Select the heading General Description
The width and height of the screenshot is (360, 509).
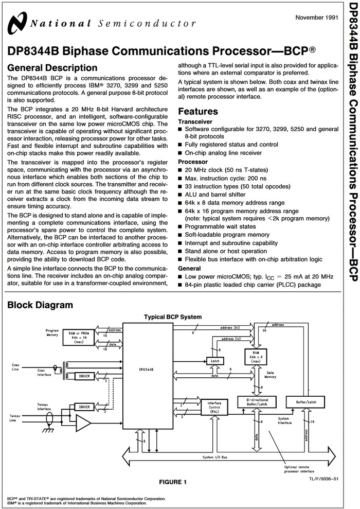(x=52, y=67)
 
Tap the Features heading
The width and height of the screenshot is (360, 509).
(x=205, y=111)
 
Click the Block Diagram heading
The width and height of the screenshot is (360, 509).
(x=40, y=305)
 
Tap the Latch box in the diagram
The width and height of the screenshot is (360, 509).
(x=212, y=360)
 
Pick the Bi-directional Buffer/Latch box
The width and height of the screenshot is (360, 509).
(x=257, y=401)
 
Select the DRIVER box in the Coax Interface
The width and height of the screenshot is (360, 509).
(x=84, y=376)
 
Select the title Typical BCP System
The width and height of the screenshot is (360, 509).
(x=173, y=317)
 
